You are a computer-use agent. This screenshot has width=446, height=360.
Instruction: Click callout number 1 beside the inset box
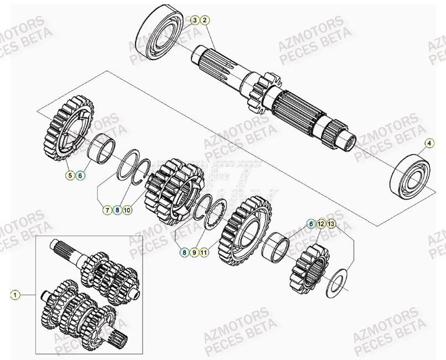pos(14,295)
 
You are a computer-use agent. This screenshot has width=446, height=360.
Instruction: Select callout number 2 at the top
pos(205,20)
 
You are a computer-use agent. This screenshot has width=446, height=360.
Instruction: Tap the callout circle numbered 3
pos(195,20)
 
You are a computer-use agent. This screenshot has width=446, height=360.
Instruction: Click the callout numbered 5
pos(70,175)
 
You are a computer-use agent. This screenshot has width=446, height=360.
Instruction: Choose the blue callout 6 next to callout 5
pos(81,175)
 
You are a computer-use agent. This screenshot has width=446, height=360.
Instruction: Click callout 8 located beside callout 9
pos(183,252)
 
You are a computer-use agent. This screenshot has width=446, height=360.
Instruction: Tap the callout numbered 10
pos(127,210)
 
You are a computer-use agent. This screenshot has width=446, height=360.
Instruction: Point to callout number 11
pos(204,252)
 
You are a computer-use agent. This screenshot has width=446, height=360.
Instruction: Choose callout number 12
pos(321,224)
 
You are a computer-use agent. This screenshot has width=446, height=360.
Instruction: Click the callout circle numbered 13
pos(331,224)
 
